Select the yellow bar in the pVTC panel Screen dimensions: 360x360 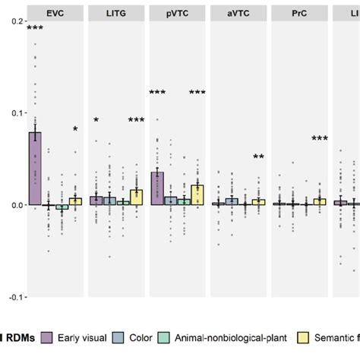[x=197, y=195]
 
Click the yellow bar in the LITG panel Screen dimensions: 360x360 [x=137, y=197]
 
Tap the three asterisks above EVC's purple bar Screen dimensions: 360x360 [x=35, y=29]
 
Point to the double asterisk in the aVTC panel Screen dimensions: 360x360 [x=259, y=157]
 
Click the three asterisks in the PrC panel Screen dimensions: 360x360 [x=320, y=139]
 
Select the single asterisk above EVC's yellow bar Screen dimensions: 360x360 [x=75, y=130]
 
